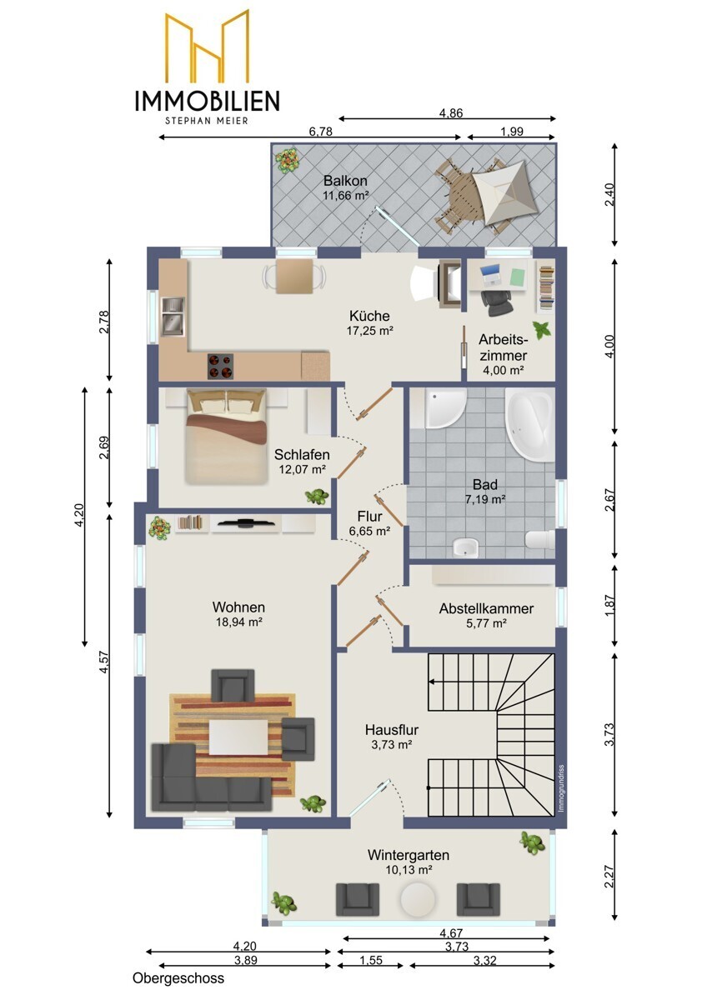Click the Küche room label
(x=369, y=316)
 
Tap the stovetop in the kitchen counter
(x=220, y=366)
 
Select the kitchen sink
(x=173, y=316)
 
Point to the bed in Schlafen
(x=227, y=437)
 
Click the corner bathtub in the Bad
(x=530, y=424)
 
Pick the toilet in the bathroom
(x=540, y=540)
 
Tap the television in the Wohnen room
(x=243, y=522)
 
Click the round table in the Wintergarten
(x=418, y=897)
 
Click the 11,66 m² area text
(x=346, y=195)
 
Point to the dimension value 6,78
(x=321, y=132)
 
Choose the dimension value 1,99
(x=512, y=132)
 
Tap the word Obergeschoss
(x=178, y=978)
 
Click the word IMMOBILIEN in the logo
(x=208, y=101)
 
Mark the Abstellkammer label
(x=486, y=608)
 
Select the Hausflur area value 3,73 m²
(x=391, y=744)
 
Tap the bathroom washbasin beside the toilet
(x=465, y=547)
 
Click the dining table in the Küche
(x=293, y=277)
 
